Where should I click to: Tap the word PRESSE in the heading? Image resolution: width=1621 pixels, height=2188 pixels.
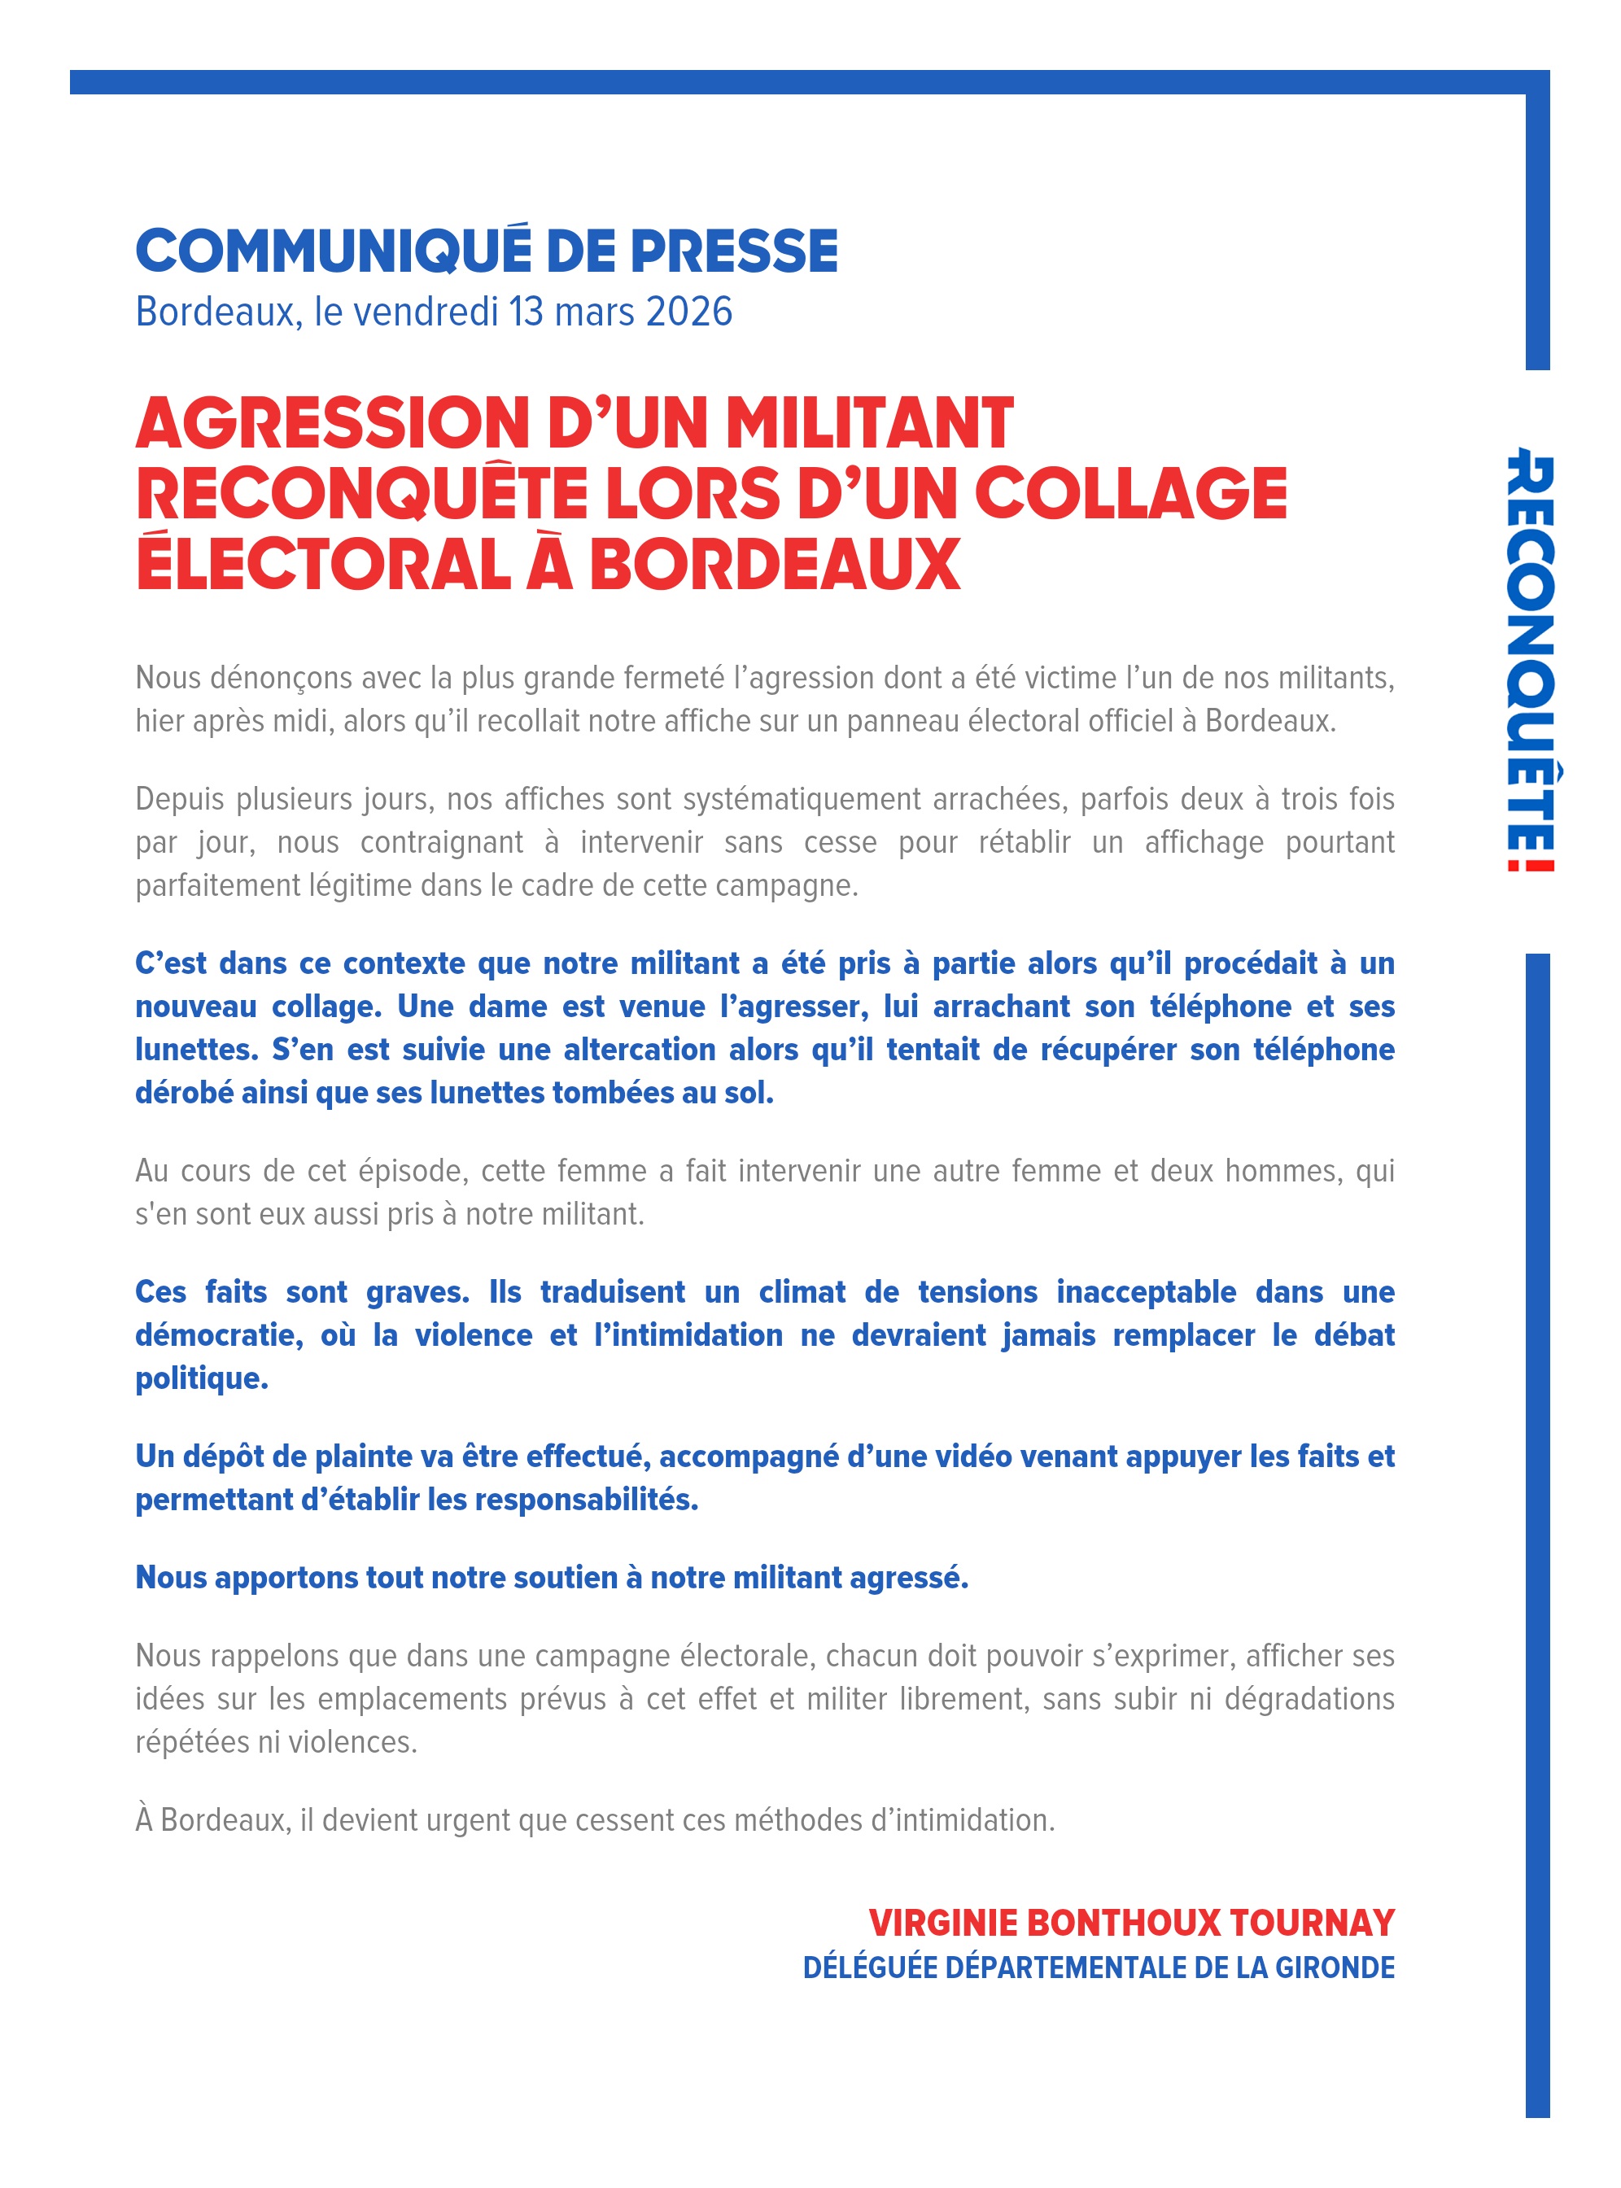click(x=734, y=251)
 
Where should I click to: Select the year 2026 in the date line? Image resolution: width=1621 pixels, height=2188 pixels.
click(x=688, y=312)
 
